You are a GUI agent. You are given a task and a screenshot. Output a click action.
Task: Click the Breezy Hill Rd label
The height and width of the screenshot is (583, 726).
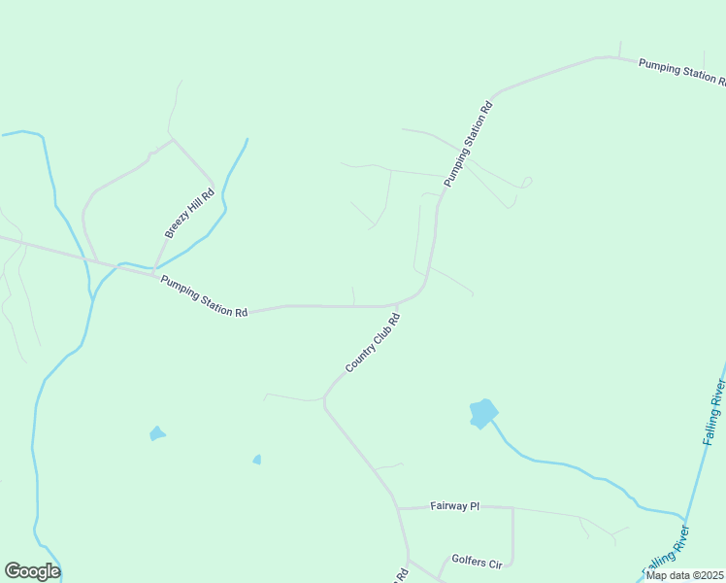[189, 213]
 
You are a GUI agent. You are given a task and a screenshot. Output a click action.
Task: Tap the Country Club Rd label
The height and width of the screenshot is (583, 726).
[373, 343]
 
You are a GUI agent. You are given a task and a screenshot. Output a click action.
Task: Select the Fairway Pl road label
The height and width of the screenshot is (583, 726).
[454, 506]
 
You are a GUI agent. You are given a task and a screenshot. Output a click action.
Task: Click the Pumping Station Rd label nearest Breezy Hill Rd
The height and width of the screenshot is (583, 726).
[204, 296]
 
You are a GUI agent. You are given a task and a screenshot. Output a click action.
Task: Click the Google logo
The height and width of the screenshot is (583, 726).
[33, 571]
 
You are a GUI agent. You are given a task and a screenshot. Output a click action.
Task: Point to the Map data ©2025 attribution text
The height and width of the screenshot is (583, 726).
[683, 575]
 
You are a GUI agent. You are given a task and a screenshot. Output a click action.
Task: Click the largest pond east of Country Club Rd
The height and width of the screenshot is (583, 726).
[482, 413]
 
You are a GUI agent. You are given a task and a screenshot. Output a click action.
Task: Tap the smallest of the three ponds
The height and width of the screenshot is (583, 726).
[256, 460]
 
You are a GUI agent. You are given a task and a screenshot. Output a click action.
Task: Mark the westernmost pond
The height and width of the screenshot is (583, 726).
[156, 433]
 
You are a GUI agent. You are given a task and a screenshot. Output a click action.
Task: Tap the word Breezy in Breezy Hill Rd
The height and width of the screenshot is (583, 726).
[177, 226]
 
